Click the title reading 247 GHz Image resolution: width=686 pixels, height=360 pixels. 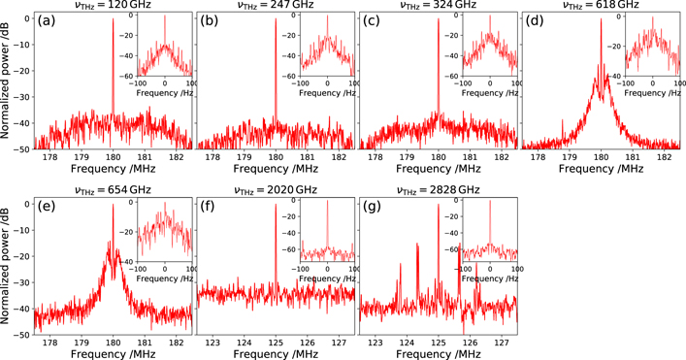click(x=276, y=7)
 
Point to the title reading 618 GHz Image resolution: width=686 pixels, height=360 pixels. click(x=601, y=7)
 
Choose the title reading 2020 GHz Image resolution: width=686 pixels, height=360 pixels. click(x=276, y=188)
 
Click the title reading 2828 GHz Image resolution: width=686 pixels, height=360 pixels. click(x=438, y=188)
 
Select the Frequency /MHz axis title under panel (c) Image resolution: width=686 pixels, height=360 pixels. click(x=438, y=168)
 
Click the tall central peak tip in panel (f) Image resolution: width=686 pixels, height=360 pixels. click(x=276, y=199)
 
